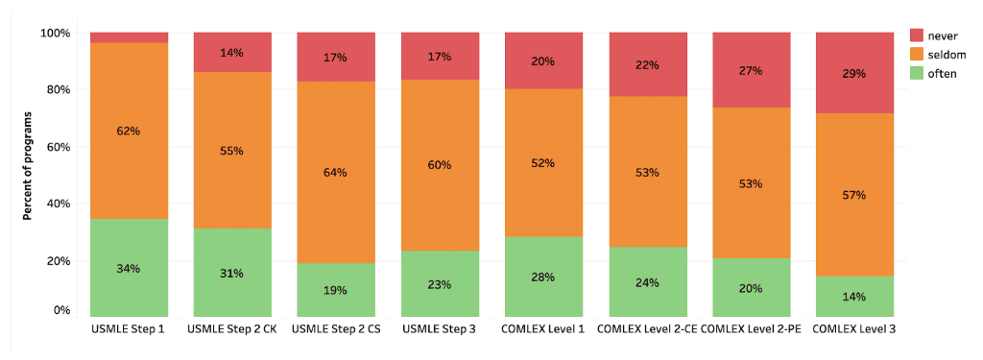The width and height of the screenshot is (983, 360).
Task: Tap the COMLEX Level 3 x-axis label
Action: point(854,328)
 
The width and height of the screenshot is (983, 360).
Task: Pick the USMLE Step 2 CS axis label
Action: point(336,328)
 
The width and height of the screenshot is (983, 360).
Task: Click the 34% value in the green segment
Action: point(129,269)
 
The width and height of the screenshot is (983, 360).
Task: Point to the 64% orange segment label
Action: point(335,173)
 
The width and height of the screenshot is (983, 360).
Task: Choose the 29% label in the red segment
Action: point(854,73)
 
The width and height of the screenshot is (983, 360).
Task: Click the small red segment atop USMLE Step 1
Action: point(130,37)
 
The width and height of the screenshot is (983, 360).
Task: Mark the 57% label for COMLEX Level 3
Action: point(854,195)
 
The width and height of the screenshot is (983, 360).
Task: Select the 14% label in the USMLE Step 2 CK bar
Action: point(232,53)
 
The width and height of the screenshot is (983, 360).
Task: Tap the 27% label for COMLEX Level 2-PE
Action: point(751,71)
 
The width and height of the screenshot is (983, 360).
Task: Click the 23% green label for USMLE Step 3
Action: point(440,285)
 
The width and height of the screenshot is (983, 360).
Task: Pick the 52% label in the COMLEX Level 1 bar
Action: point(543,163)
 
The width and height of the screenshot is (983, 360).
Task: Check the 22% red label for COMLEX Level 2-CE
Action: point(647,64)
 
